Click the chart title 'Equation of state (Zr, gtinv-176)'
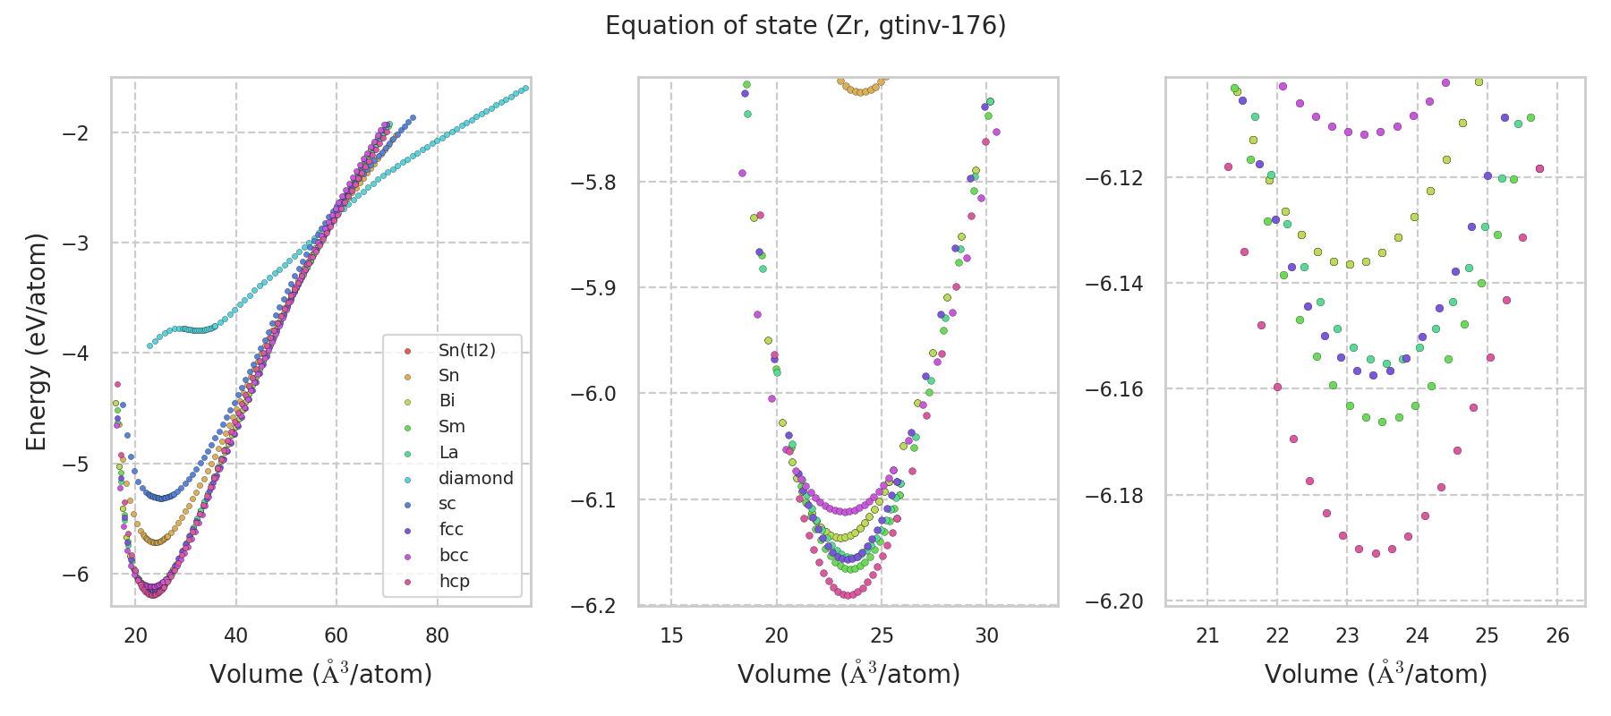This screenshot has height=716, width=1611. click(805, 26)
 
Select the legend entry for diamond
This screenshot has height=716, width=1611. click(475, 478)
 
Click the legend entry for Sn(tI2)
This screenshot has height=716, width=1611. click(466, 350)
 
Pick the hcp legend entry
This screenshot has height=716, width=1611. click(454, 581)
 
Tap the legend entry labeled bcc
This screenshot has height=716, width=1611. click(454, 555)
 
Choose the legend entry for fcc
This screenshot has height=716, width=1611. click(451, 529)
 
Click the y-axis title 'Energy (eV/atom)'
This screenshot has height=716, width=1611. click(36, 342)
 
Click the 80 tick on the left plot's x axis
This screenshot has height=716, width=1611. click(438, 635)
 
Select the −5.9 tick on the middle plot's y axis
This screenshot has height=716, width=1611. click(595, 288)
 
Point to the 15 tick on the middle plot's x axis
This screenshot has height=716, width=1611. click(671, 635)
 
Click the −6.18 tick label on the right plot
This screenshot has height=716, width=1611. click(1115, 496)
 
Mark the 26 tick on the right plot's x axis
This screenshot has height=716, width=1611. click(1557, 635)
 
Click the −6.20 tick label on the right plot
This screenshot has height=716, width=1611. click(1115, 601)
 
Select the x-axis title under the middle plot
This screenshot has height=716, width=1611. click(848, 674)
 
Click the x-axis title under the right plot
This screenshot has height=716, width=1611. click(1376, 674)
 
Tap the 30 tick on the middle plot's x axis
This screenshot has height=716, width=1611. click(987, 635)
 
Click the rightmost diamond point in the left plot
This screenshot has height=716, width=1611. click(525, 88)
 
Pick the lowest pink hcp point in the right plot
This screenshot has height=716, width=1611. click(1376, 553)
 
